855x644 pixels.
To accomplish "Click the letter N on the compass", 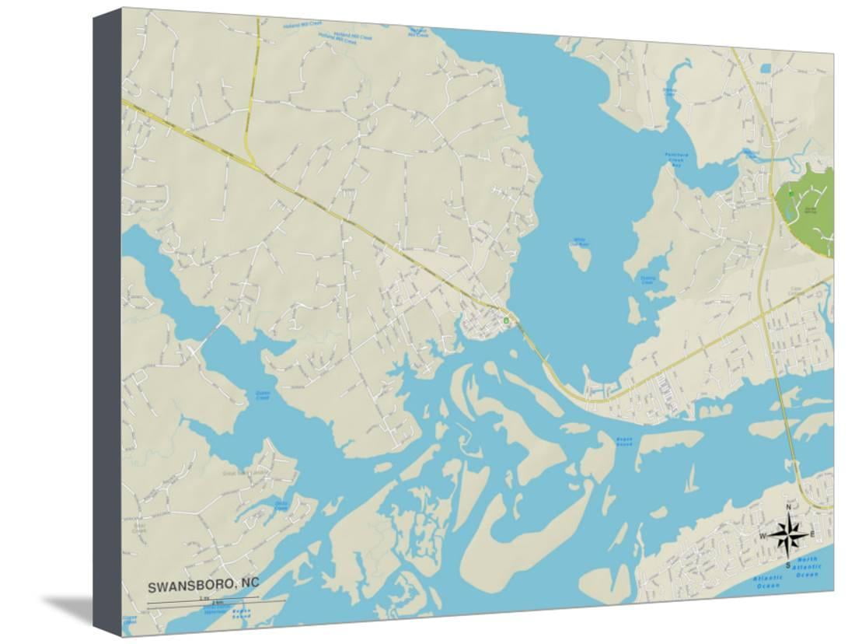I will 789,508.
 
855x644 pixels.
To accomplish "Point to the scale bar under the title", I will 203,600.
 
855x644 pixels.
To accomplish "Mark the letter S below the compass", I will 787,565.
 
